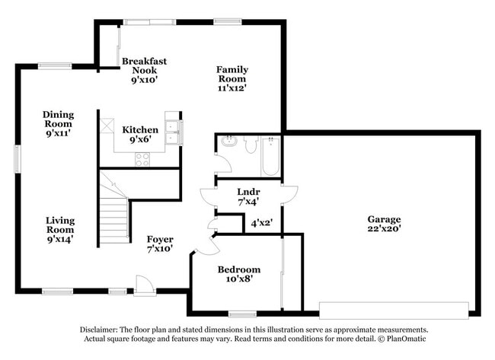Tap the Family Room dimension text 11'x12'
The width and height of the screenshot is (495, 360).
point(232,88)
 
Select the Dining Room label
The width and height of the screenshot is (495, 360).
point(58,119)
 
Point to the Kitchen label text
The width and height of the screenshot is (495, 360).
point(140,129)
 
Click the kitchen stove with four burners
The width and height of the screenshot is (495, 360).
point(142,159)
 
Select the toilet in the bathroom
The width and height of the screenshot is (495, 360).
point(250,144)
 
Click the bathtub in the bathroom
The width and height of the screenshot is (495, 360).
point(270,156)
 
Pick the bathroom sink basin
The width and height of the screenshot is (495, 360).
point(228,142)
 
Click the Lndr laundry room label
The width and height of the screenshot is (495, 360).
point(248,193)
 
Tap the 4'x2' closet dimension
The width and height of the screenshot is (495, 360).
point(261,223)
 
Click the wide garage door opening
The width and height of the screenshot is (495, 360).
point(394,310)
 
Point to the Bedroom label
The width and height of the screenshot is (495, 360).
point(238,269)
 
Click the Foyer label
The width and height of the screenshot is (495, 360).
point(160,239)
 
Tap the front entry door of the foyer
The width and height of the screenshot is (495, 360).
point(145,285)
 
